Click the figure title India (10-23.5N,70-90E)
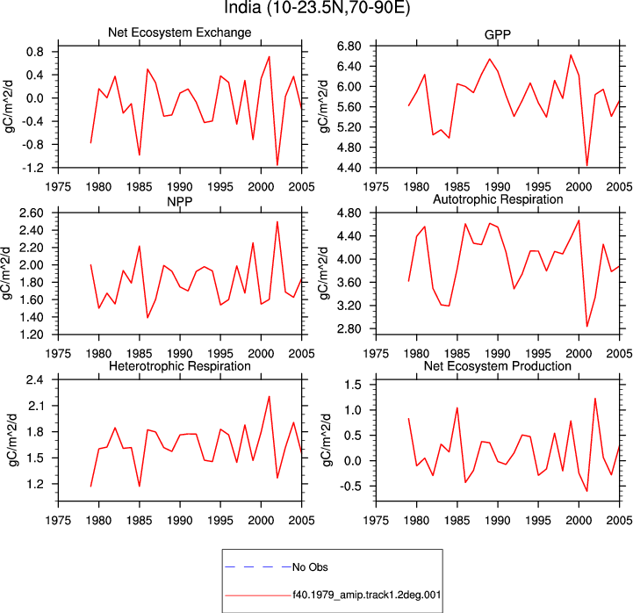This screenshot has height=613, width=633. pyautogui.click(x=317, y=8)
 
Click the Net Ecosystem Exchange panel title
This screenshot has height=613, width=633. pyautogui.click(x=180, y=32)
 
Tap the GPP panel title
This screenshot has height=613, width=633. pyautogui.click(x=497, y=35)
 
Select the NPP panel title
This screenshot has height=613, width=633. pyautogui.click(x=180, y=201)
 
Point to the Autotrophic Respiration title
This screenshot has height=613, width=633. pyautogui.click(x=498, y=199)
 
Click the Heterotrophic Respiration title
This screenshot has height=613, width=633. pyautogui.click(x=180, y=366)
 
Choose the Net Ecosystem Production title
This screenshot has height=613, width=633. pyautogui.click(x=497, y=366)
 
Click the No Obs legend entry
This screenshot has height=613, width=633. pyautogui.click(x=310, y=567)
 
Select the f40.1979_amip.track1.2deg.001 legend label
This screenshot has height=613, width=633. pyautogui.click(x=367, y=595)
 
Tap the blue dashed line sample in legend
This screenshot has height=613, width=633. pyautogui.click(x=258, y=567)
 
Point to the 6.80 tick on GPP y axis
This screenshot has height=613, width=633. pyautogui.click(x=349, y=46)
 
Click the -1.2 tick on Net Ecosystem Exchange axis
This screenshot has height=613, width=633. pyautogui.click(x=32, y=168)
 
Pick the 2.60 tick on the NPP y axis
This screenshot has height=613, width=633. pyautogui.click(x=32, y=213)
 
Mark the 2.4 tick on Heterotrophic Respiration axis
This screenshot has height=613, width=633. pyautogui.click(x=35, y=379)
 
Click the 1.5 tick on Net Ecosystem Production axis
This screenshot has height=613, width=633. pyautogui.click(x=353, y=385)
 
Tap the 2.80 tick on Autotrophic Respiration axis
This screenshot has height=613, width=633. pyautogui.click(x=349, y=328)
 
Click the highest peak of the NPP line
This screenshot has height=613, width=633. pyautogui.click(x=277, y=221)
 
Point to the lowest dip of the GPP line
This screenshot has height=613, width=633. pyautogui.click(x=587, y=165)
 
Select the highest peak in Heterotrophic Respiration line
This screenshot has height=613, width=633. pyautogui.click(x=270, y=397)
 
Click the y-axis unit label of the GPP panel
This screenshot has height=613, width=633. pyautogui.click(x=323, y=105)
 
